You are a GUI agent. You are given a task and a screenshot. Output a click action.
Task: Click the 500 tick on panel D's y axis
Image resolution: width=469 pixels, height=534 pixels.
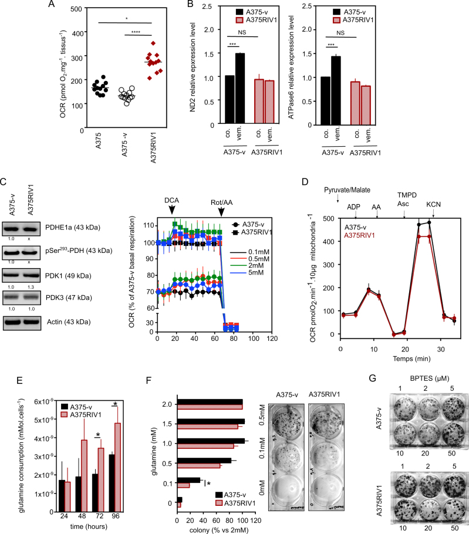pyautogui.click(x=330, y=218)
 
